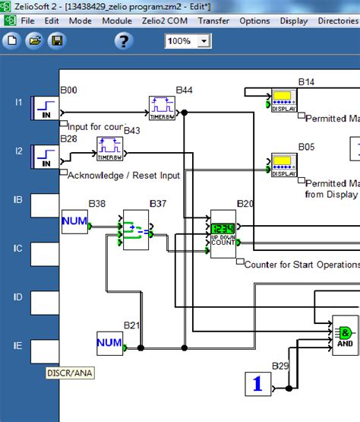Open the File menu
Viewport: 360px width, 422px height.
tap(29, 21)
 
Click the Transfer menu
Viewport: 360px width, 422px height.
tap(213, 21)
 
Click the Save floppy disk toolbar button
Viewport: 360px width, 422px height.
tap(56, 40)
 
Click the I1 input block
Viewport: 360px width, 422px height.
tap(45, 108)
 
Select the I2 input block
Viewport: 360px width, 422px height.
tap(45, 156)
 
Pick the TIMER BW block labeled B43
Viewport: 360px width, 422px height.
tap(109, 149)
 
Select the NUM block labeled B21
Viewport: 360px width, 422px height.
tap(110, 344)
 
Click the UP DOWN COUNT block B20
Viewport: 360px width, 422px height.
tap(223, 233)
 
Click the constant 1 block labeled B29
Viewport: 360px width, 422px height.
tap(257, 385)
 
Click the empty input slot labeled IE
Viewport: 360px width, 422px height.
tap(45, 351)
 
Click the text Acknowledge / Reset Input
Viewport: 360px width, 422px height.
tap(124, 176)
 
